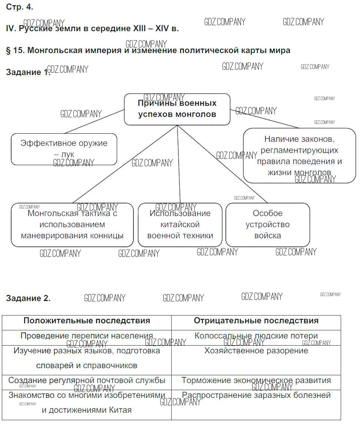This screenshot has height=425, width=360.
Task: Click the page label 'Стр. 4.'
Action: click(x=20, y=7)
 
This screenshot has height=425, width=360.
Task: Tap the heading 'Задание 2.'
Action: click(x=28, y=298)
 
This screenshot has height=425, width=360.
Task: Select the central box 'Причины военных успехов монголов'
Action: click(x=177, y=109)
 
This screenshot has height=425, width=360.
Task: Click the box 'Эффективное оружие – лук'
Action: click(x=64, y=149)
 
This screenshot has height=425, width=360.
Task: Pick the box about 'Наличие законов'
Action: click(x=299, y=156)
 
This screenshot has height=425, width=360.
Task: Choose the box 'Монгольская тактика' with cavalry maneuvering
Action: click(x=72, y=225)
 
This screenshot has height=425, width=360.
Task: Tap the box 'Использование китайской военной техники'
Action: click(x=180, y=225)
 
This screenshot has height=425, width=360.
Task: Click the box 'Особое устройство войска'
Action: click(x=268, y=225)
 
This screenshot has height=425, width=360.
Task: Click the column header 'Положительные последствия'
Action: click(x=87, y=321)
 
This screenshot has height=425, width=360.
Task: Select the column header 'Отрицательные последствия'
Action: click(x=256, y=321)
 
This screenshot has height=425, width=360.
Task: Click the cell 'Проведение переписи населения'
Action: click(x=87, y=336)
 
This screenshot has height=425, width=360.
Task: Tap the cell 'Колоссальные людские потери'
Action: click(x=256, y=336)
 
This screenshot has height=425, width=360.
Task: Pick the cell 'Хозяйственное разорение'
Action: click(x=256, y=351)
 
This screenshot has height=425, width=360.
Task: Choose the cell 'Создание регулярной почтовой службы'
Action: click(x=87, y=380)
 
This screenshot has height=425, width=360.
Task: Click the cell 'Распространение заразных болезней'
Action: click(x=256, y=395)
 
